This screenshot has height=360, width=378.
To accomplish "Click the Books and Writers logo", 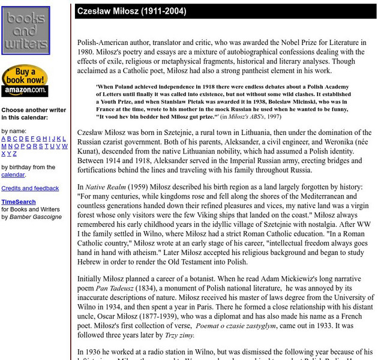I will pyautogui.click(x=25, y=31).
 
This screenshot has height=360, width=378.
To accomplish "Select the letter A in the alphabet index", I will pyautogui.click(x=4, y=139).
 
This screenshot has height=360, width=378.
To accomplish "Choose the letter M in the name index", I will pyautogui.click(x=4, y=146).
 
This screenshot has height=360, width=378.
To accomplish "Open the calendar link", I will pyautogui.click(x=13, y=175).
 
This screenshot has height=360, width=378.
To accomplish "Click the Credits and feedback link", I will pyautogui.click(x=30, y=188).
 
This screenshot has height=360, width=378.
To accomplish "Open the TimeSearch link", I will pyautogui.click(x=18, y=202).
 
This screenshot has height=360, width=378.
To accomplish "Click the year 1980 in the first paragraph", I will pyautogui.click(x=88, y=52).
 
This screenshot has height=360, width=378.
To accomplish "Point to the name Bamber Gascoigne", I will pyautogui.click(x=35, y=217).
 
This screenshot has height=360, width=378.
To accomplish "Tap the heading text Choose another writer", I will pyautogui.click(x=34, y=110).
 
